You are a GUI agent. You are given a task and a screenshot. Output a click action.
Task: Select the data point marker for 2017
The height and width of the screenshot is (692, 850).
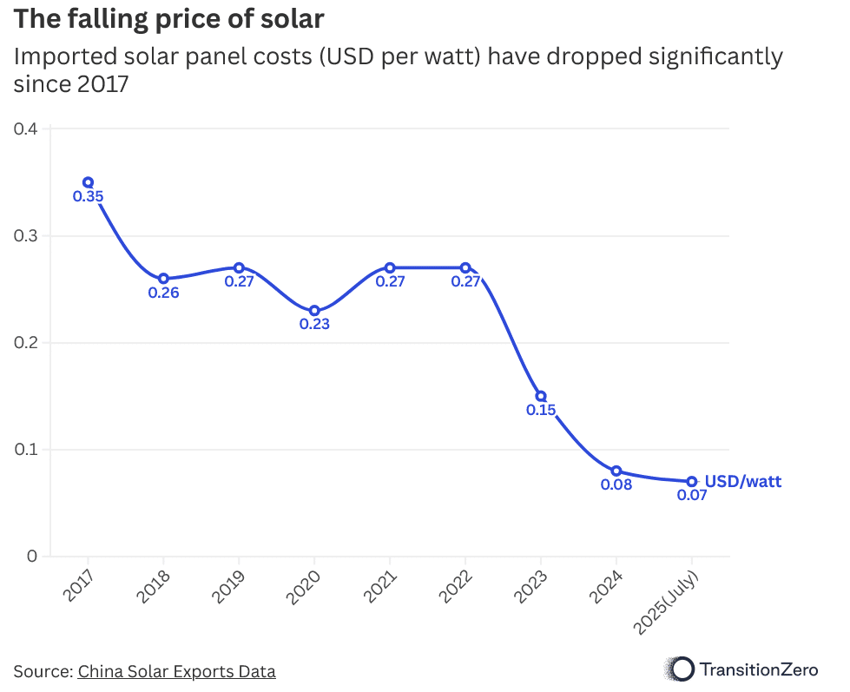pyautogui.click(x=88, y=182)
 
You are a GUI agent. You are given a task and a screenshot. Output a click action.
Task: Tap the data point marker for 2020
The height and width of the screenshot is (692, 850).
pyautogui.click(x=314, y=311)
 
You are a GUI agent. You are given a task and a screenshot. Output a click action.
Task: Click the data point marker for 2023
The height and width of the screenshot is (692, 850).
pyautogui.click(x=541, y=396)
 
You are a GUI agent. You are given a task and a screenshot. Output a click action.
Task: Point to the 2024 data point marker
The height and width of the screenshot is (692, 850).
pyautogui.click(x=616, y=471)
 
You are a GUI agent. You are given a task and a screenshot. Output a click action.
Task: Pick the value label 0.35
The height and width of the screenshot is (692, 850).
pyautogui.click(x=88, y=197)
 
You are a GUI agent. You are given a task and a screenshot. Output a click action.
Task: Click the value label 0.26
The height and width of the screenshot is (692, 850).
pyautogui.click(x=163, y=293)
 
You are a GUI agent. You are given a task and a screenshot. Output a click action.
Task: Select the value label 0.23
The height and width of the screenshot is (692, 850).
pyautogui.click(x=314, y=325)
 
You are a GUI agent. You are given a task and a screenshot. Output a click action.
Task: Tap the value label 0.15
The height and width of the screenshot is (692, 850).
pyautogui.click(x=541, y=410)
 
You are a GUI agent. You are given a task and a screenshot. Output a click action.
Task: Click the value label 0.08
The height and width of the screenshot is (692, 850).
pyautogui.click(x=616, y=484)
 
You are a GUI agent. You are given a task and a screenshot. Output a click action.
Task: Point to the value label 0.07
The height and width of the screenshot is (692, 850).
pyautogui.click(x=692, y=496)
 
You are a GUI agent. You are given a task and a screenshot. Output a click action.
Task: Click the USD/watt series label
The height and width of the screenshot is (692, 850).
pyautogui.click(x=742, y=481)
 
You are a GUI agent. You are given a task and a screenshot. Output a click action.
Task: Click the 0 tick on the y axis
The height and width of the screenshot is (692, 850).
pyautogui.click(x=32, y=557)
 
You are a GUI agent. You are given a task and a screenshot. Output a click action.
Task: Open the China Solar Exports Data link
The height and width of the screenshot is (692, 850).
pyautogui.click(x=176, y=671)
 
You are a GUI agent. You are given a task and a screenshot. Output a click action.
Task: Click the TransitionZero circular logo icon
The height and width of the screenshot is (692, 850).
pyautogui.click(x=682, y=669)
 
